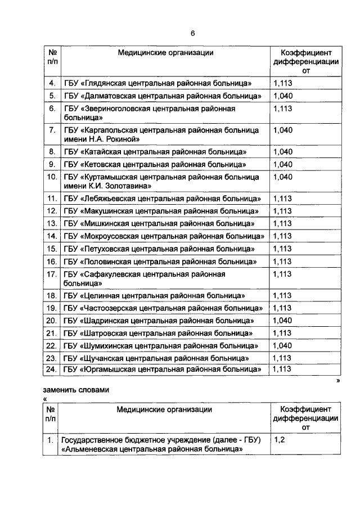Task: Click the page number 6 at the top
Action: pyautogui.click(x=192, y=33)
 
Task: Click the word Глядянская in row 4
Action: pyautogui.click(x=105, y=83)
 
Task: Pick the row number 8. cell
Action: pyautogui.click(x=52, y=152)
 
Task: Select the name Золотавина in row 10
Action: pyautogui.click(x=128, y=186)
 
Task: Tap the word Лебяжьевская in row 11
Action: pyautogui.click(x=107, y=199)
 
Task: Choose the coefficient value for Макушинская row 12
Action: pyautogui.click(x=283, y=211)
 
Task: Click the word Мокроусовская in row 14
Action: pyautogui.click(x=110, y=236)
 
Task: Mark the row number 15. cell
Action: pyautogui.click(x=52, y=248)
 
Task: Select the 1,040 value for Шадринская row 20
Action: pyautogui.click(x=283, y=321)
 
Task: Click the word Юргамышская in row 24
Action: pyautogui.click(x=107, y=370)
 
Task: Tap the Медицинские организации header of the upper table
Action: pyautogui.click(x=165, y=52)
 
